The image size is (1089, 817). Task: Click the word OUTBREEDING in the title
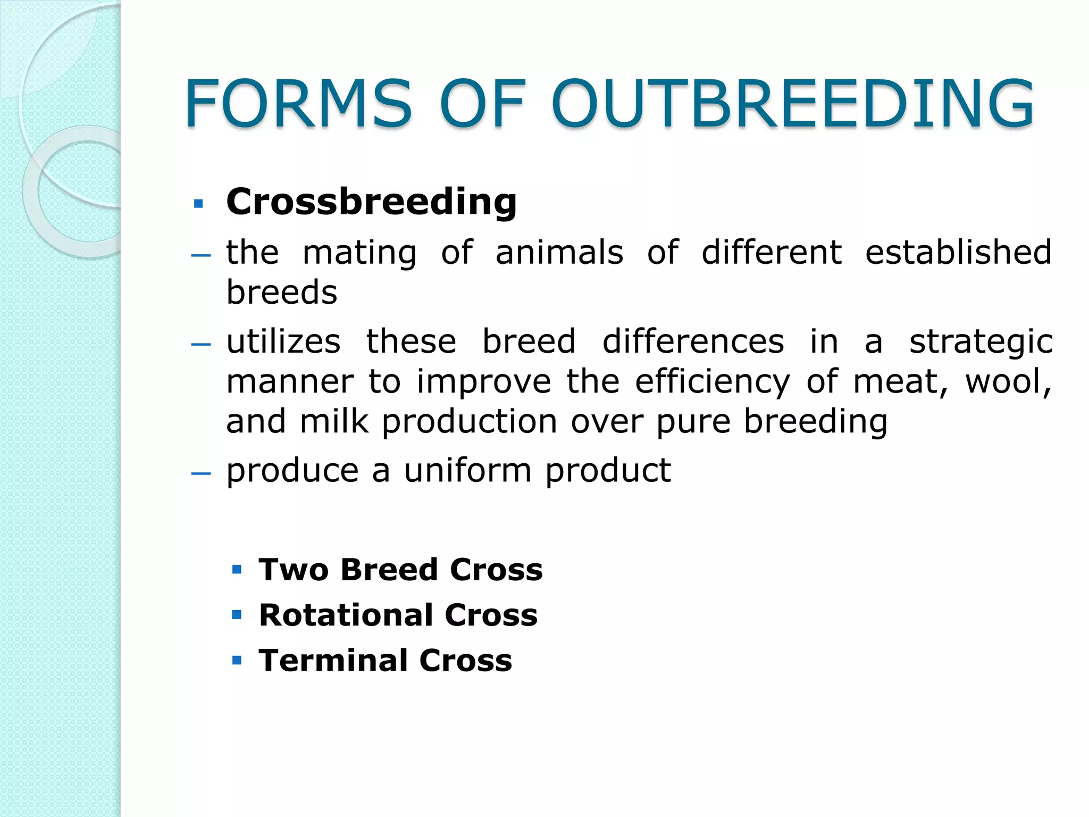[x=792, y=104]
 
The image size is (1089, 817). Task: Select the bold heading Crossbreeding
[x=371, y=202]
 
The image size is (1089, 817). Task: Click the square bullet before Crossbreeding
[x=199, y=203]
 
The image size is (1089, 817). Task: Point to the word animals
[x=559, y=252]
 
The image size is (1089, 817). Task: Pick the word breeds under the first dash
[x=282, y=293]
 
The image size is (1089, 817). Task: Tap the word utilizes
[x=283, y=341]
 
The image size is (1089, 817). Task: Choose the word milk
[x=334, y=421]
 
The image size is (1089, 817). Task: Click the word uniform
[x=467, y=471]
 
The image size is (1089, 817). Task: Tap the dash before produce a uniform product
[x=201, y=473]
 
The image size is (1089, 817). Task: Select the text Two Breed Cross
[x=400, y=570]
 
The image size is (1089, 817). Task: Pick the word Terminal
[x=333, y=661]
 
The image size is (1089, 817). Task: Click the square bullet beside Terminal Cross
[x=237, y=661]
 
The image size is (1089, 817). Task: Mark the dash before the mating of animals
[x=201, y=255]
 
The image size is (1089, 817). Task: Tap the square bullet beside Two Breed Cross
[x=237, y=570]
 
